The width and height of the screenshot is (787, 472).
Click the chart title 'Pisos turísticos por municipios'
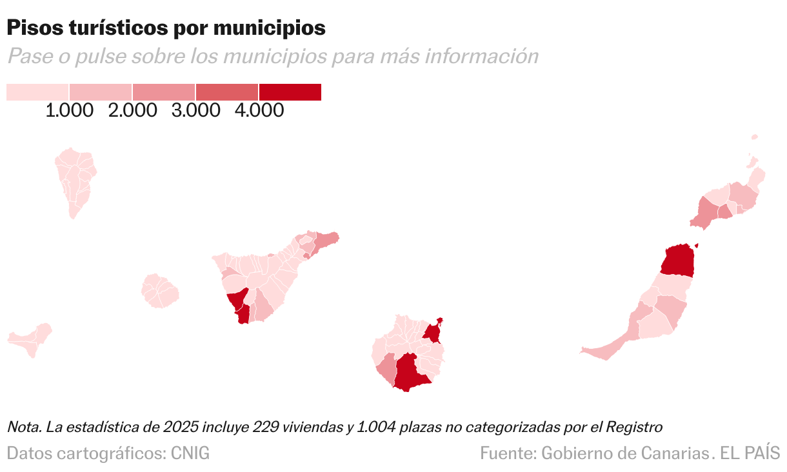pos(166,28)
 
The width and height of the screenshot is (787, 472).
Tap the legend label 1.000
pos(70,110)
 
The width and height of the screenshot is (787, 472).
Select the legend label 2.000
pos(133,110)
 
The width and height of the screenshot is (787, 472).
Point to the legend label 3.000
pos(196,110)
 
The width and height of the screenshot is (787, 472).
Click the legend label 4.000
pos(259,110)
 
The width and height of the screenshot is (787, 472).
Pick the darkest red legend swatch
pos(290,92)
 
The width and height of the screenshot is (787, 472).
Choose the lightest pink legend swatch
pos(37,92)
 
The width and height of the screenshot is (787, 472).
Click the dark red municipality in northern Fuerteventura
pos(679,261)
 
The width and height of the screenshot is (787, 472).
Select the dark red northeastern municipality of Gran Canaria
pos(432,333)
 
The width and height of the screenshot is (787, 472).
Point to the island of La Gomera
pos(159,291)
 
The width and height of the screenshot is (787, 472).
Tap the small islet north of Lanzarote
pos(754,137)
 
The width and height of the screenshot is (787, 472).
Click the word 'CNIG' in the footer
pos(190,453)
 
